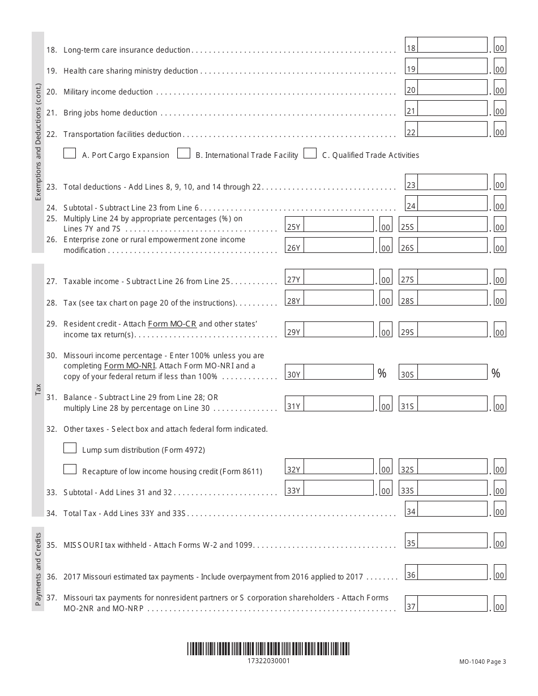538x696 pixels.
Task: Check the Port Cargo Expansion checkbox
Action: point(70,153)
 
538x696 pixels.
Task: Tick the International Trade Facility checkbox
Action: point(183,153)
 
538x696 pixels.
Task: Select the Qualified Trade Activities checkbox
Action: point(310,153)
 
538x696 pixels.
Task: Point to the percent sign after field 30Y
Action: point(382,373)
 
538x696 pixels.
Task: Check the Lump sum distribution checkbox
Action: point(70,448)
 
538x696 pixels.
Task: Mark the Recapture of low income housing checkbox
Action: point(70,469)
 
